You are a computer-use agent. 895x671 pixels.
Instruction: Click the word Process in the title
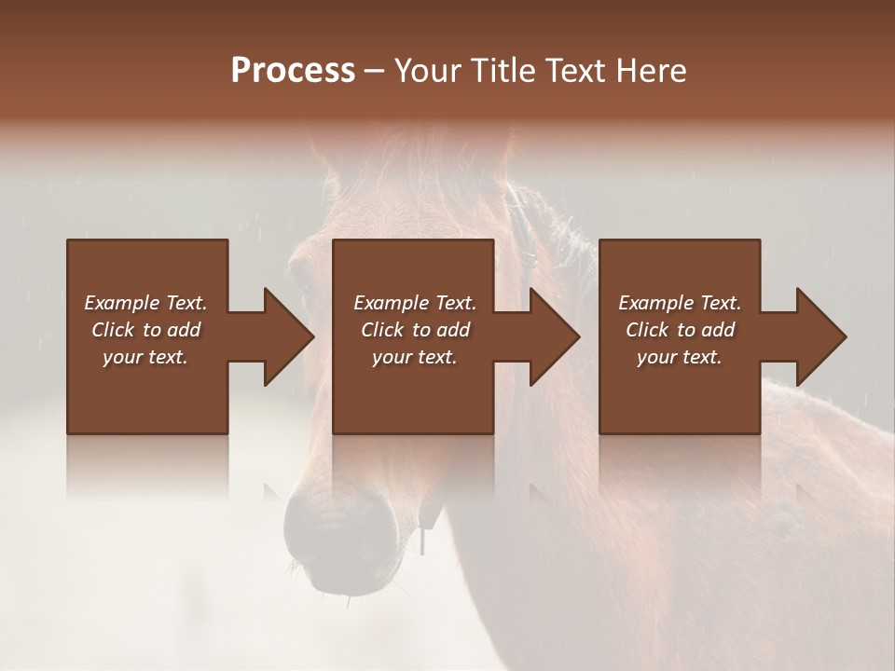pos(293,71)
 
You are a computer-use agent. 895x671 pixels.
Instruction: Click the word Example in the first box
pos(122,303)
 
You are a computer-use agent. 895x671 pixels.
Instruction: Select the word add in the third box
pos(717,330)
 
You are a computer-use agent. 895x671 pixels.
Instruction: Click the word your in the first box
pos(121,357)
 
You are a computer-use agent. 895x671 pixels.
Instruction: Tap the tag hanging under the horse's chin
pos(424,541)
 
